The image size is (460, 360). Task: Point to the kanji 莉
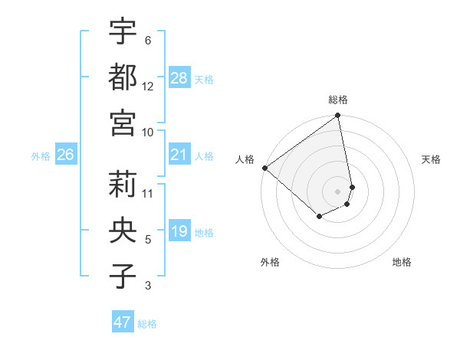click(x=123, y=184)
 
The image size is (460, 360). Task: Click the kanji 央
click(x=123, y=229)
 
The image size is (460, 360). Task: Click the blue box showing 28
click(x=179, y=77)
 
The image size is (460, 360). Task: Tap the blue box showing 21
click(x=179, y=155)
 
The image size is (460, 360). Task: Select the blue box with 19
click(x=179, y=231)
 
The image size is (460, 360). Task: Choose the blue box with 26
click(x=65, y=155)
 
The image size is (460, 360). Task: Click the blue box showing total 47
click(x=123, y=322)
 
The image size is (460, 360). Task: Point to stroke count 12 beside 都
click(x=148, y=86)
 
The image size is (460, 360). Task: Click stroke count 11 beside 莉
click(x=148, y=193)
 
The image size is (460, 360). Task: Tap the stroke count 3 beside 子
click(x=148, y=286)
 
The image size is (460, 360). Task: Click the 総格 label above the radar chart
click(x=338, y=100)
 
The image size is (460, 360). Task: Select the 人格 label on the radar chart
click(x=245, y=159)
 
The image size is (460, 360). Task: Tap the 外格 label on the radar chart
click(x=270, y=262)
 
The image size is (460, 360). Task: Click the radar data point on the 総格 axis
click(x=338, y=116)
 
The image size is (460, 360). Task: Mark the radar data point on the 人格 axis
click(x=264, y=168)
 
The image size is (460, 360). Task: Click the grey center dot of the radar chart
click(x=338, y=191)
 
